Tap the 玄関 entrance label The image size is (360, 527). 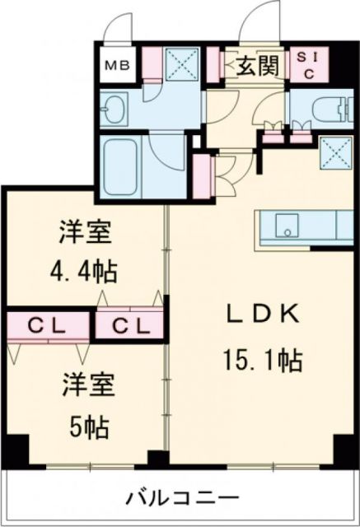(x=256, y=64)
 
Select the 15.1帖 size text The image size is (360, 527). (x=259, y=360)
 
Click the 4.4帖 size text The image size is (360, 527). (x=86, y=270)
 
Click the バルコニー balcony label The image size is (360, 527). (x=182, y=497)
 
